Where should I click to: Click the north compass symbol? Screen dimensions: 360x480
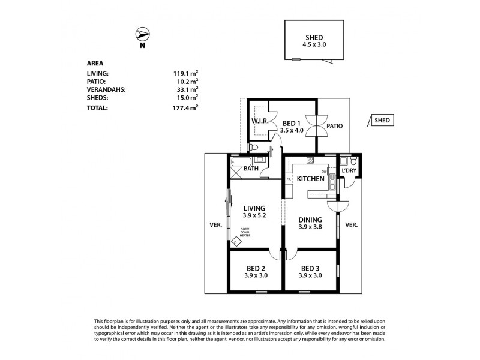142,34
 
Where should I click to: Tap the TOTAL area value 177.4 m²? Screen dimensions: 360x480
185,109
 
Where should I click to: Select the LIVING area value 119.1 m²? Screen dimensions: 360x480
185,74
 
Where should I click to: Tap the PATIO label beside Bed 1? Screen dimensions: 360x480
335,126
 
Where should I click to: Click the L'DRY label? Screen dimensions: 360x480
349,172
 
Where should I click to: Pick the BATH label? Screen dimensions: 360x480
251,169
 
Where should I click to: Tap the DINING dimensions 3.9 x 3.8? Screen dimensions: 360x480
310,227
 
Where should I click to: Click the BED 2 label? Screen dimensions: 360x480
256,268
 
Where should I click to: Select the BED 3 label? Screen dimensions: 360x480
310,268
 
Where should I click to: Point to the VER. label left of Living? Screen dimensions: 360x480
216,225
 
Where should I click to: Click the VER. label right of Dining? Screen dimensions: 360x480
352,225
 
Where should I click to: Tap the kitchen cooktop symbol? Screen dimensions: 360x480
310,160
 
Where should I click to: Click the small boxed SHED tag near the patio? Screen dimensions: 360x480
382,120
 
